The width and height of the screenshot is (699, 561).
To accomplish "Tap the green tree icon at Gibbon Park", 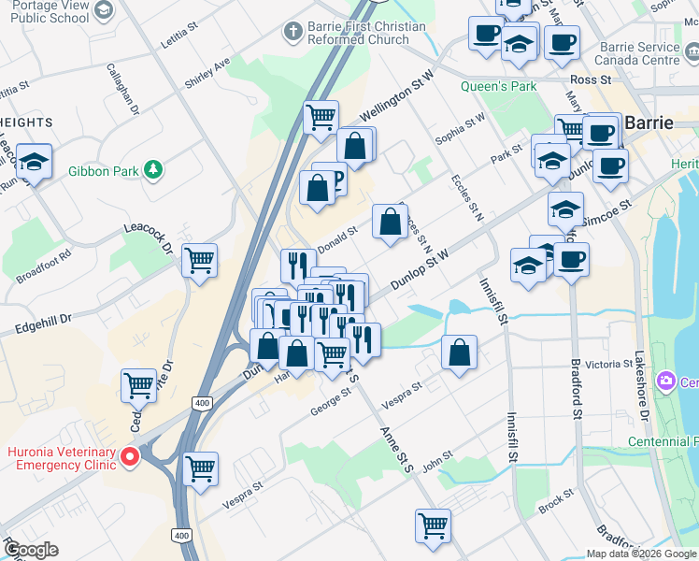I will click(x=151, y=170).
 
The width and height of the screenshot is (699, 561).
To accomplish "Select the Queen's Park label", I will click(x=498, y=86).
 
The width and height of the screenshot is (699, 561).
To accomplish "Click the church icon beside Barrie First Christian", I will click(x=294, y=32).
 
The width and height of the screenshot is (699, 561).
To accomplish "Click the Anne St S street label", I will click(x=396, y=448).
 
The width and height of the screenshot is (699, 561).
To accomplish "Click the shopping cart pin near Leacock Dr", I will click(x=200, y=261).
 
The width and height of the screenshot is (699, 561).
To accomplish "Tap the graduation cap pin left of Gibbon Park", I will click(x=34, y=161).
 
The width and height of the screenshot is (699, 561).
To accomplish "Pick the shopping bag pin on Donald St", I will click(x=390, y=223).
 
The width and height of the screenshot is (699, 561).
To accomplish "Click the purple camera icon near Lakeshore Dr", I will click(x=665, y=381).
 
